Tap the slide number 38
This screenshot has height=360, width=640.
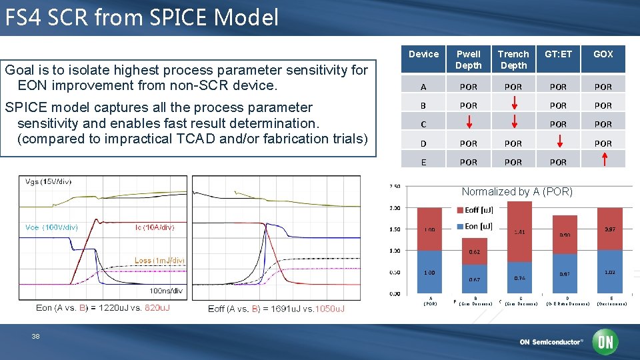[35, 337]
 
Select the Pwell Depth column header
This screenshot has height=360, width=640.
[469, 59]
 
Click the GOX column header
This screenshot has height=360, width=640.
[603, 54]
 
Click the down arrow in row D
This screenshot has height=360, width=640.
[558, 141]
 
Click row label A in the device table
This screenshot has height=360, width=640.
[424, 87]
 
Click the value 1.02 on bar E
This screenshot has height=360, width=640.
[609, 272]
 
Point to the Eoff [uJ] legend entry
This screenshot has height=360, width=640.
[478, 210]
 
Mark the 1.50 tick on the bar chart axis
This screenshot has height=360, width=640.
[396, 229]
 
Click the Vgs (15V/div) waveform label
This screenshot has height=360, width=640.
[48, 181]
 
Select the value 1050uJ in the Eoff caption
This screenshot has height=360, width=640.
[328, 309]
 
